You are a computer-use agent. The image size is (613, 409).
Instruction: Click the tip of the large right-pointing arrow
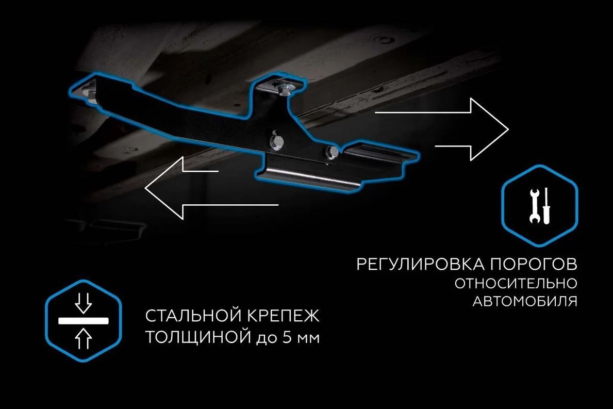509,129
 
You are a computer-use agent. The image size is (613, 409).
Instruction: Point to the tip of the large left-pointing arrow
145,188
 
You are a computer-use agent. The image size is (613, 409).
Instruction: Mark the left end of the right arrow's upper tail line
375,112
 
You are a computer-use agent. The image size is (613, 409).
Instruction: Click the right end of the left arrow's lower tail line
278,204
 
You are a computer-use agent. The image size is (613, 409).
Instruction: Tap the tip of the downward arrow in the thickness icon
84,313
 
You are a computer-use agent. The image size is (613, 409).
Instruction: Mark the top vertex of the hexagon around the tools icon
540,166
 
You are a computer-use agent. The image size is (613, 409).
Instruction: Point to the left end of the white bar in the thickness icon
59,321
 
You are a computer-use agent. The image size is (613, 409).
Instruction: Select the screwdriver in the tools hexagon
546,206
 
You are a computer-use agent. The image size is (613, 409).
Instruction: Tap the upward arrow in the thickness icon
84,338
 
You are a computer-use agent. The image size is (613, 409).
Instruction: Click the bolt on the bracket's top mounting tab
283,89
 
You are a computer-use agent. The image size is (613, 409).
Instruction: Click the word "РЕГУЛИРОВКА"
420,264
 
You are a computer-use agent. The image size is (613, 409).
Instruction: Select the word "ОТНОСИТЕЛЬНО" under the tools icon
516,284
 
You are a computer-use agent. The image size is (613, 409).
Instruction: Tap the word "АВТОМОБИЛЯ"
525,301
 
